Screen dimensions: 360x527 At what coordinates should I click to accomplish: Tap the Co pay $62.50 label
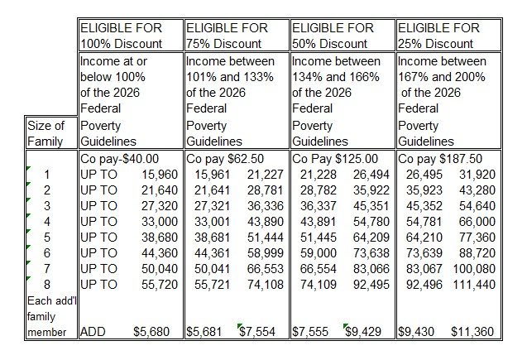click(223, 158)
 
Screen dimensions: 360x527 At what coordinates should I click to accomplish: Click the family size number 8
click(46, 284)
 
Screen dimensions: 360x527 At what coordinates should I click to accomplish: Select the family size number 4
click(46, 221)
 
